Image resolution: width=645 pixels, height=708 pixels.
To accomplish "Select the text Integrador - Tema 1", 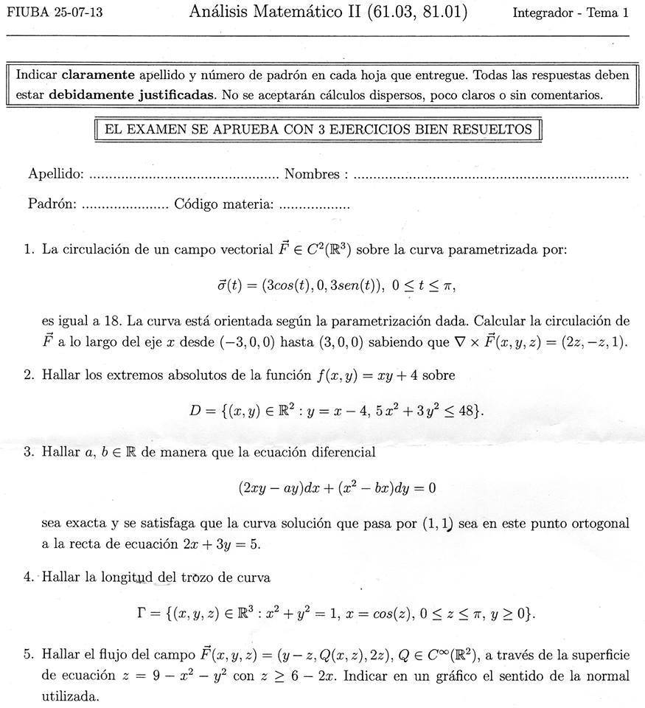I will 570,13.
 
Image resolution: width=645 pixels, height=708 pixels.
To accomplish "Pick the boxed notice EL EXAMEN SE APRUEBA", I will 318,130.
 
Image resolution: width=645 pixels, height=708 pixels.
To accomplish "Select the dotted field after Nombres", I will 490,176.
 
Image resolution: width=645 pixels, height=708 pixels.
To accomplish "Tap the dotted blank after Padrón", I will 124,204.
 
